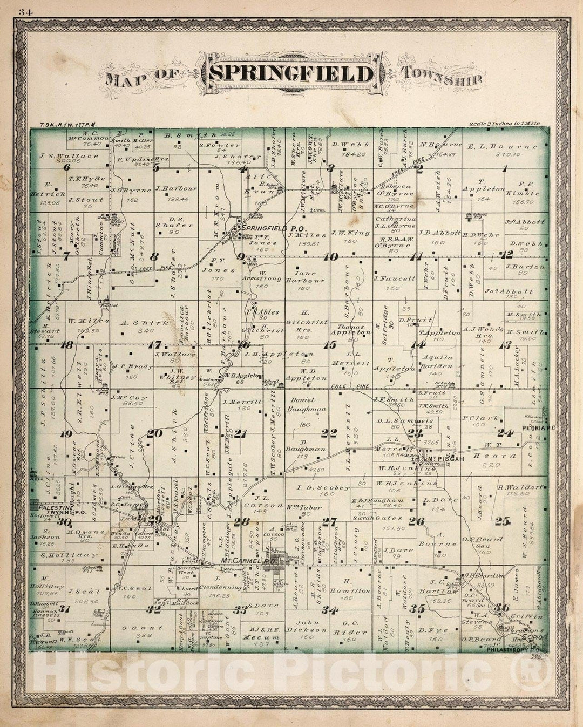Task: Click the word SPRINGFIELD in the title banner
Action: click(x=291, y=74)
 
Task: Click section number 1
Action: click(x=505, y=168)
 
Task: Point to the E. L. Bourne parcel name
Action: click(x=503, y=146)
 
